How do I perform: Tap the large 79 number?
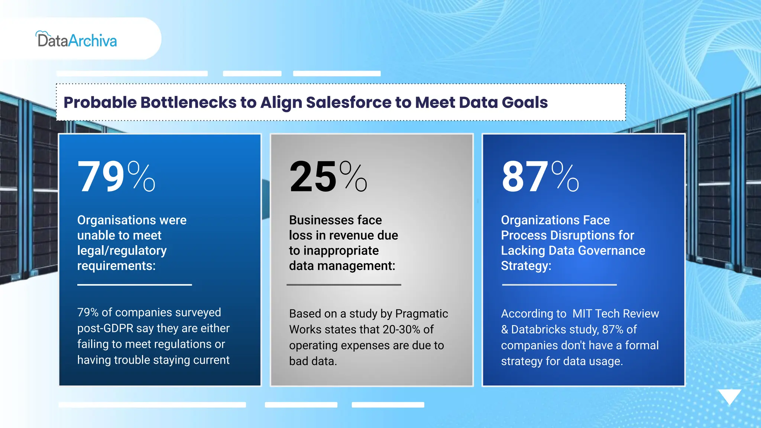pos(101,177)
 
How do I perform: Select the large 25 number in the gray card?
pos(313,177)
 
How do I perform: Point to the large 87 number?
pos(525,177)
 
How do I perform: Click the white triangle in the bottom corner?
pos(729,396)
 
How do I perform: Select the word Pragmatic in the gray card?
pos(421,314)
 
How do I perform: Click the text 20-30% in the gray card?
pos(401,330)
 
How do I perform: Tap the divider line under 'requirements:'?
pos(135,285)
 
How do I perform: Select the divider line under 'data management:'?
pos(344,285)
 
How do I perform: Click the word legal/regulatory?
pos(122,251)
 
